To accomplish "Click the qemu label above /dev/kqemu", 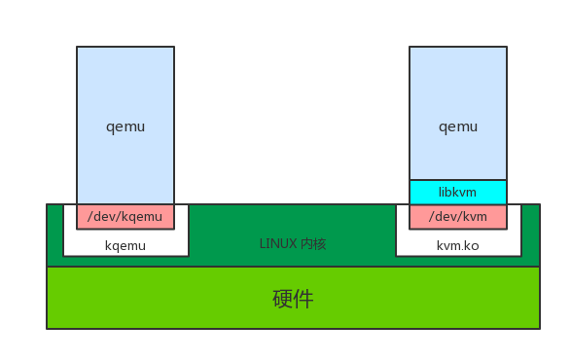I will [x=125, y=126].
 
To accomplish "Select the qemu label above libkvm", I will [x=458, y=126].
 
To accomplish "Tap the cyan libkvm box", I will [x=458, y=192].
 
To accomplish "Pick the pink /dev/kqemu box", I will [x=125, y=216].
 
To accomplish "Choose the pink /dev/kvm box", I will [x=458, y=216].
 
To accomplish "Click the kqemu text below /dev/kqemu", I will [x=125, y=245].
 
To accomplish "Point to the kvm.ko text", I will [x=458, y=245].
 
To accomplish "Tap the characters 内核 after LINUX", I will [x=313, y=243].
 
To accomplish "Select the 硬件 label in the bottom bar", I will [x=293, y=299].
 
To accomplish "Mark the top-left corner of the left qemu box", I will [x=77, y=47].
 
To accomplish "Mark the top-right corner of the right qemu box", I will [x=507, y=47].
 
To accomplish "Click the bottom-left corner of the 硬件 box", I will [x=47, y=329].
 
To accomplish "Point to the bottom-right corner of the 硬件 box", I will [x=540, y=329].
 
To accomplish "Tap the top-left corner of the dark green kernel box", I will [x=47, y=204].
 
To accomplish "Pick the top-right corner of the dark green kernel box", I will [x=540, y=204].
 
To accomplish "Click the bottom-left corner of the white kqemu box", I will [x=63, y=257].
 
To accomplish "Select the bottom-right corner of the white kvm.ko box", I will [x=520, y=257].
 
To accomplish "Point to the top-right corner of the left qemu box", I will [x=174, y=47].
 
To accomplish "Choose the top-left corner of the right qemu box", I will [x=410, y=47].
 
